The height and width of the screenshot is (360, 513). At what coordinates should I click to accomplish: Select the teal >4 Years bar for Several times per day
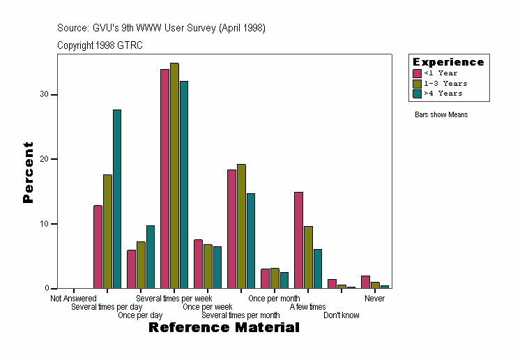(117, 199)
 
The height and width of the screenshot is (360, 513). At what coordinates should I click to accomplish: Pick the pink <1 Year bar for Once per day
(131, 269)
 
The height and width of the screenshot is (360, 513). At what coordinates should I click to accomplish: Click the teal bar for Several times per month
(251, 241)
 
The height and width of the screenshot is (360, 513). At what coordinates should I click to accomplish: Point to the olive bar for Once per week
(208, 267)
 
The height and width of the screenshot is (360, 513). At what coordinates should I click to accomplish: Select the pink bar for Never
(365, 282)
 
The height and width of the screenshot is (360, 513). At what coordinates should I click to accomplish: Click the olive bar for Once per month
(275, 278)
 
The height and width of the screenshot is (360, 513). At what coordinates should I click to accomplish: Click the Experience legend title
(448, 62)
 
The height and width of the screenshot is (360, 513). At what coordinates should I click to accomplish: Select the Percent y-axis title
(28, 172)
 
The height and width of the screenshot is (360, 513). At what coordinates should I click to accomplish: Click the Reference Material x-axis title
(224, 327)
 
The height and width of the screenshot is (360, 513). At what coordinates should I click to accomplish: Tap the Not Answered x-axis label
(73, 299)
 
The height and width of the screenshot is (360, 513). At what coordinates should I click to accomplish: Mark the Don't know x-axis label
(342, 315)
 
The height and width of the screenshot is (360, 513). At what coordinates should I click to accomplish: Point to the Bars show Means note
(441, 114)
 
